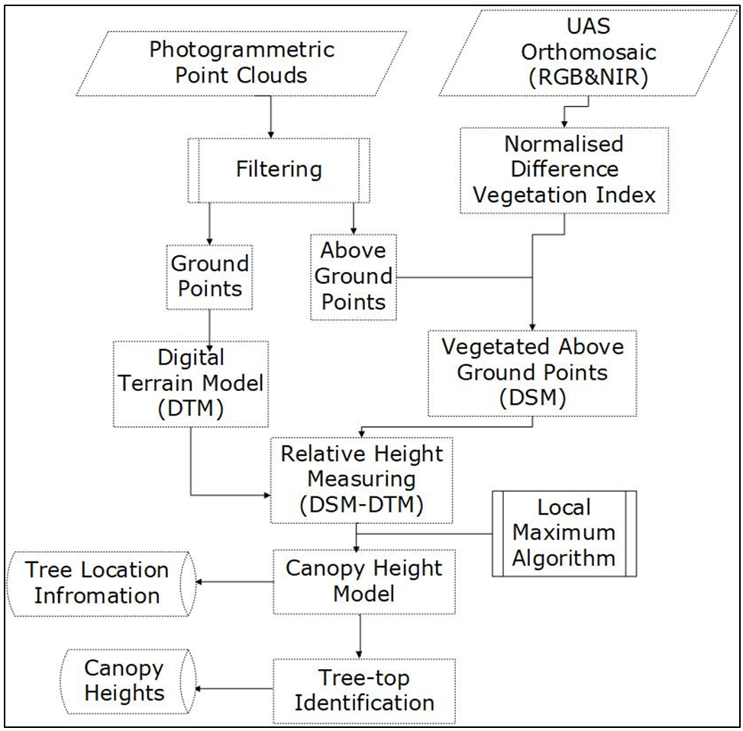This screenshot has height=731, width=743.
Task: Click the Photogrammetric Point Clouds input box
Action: click(241, 63)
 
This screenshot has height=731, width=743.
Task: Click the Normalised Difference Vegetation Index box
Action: click(564, 169)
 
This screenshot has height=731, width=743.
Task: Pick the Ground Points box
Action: click(209, 276)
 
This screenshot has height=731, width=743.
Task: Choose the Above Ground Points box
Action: click(353, 276)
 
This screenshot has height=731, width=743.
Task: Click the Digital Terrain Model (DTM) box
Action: click(191, 383)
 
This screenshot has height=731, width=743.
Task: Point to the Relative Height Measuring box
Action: click(361, 480)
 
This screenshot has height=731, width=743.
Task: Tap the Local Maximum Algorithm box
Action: click(564, 533)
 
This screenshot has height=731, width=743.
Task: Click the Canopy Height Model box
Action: click(363, 581)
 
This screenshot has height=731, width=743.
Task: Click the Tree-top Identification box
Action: click(363, 690)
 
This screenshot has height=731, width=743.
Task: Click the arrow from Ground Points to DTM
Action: click(210, 325)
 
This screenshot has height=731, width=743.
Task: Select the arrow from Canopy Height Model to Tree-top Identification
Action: click(360, 636)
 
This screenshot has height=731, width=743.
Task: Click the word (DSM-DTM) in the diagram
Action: click(361, 505)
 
